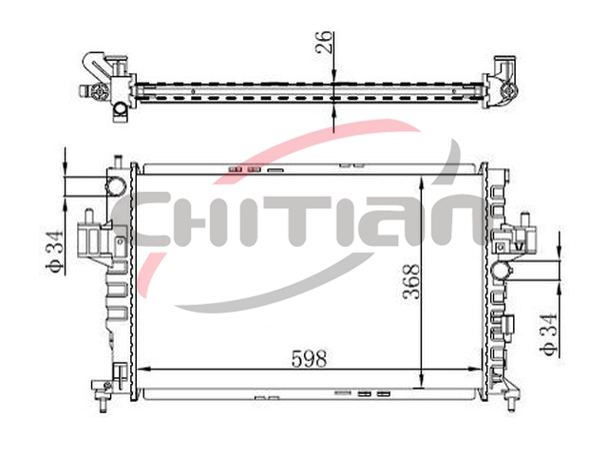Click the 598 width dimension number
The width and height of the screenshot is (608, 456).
309,359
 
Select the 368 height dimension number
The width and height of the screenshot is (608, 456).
411,282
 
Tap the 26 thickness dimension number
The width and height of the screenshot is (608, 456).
324,42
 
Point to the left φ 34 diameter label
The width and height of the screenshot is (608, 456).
54,252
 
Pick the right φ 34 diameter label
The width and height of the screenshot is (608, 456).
549,334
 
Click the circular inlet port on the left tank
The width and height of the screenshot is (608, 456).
116,185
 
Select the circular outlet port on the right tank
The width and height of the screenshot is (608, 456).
501,270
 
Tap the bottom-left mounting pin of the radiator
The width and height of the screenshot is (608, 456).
104,406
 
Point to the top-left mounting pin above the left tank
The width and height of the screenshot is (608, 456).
118,161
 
